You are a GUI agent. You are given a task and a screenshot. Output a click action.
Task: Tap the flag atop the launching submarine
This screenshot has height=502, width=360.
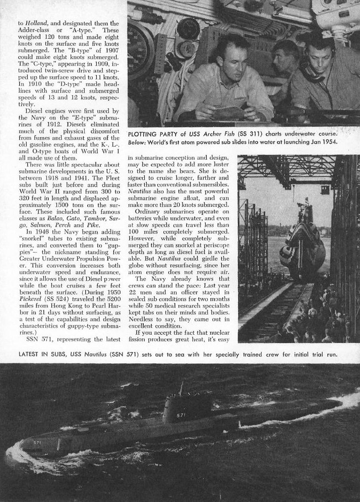pos(304,201)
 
